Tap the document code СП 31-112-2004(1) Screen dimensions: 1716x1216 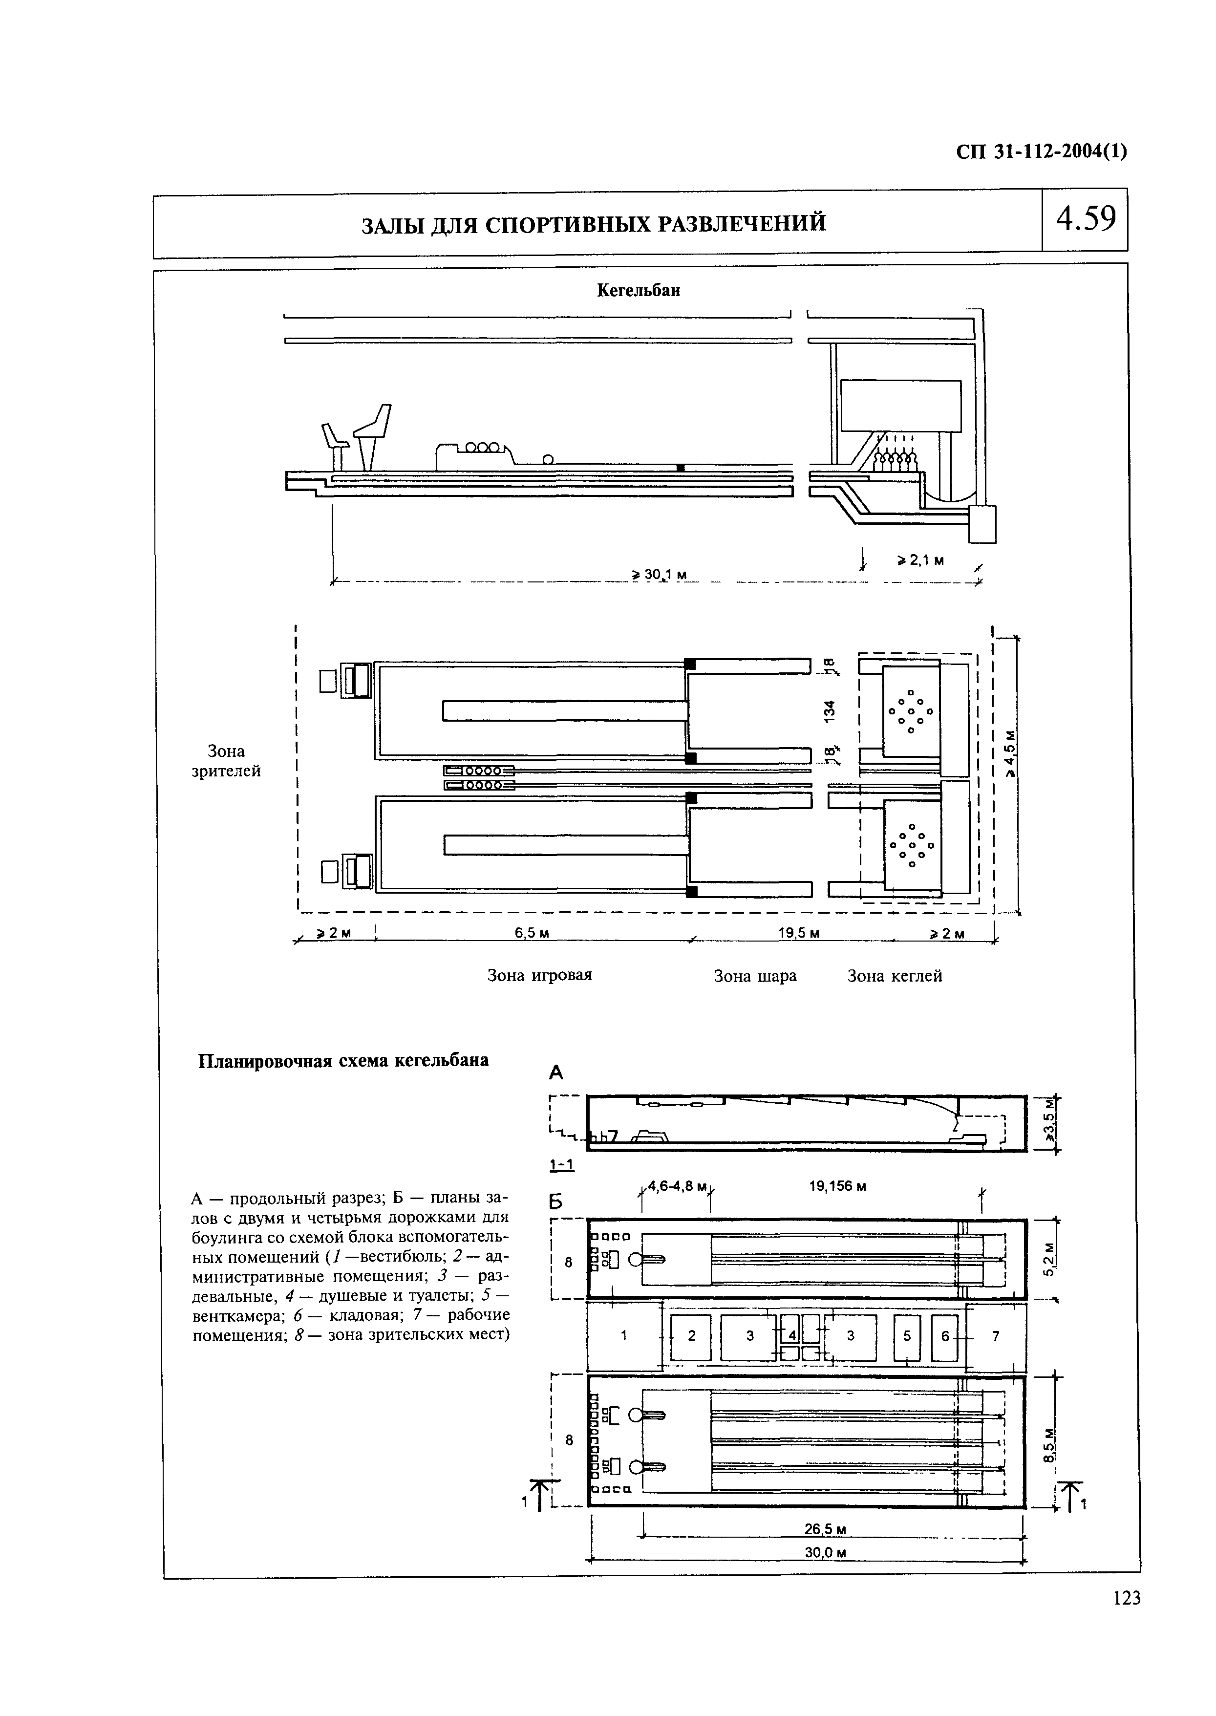click(1042, 152)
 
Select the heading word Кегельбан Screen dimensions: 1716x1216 click(638, 291)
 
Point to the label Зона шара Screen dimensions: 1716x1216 click(755, 976)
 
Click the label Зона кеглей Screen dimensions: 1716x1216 click(894, 976)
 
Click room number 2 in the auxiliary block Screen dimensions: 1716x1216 click(691, 1334)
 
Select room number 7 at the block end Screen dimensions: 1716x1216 click(995, 1334)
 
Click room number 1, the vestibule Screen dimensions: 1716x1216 click(624, 1334)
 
